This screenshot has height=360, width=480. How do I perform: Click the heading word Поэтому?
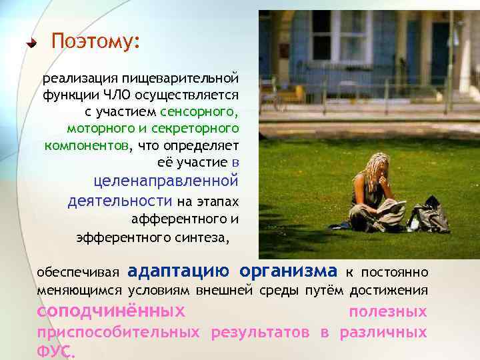pos(95,42)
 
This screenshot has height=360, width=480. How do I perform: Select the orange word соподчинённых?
pos(111,311)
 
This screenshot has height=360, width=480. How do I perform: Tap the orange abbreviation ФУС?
pos(55,352)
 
